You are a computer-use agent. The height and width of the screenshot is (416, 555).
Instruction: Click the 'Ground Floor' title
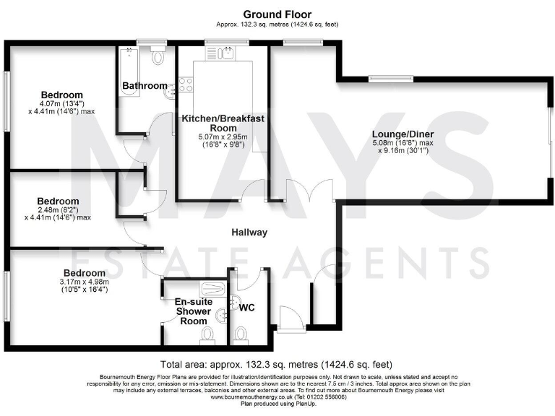(x=277, y=14)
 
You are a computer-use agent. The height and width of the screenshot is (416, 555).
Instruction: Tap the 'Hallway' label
(x=249, y=233)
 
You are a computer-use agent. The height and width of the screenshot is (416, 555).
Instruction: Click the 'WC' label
(x=247, y=308)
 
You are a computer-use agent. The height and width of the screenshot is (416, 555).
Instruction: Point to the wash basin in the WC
(x=234, y=301)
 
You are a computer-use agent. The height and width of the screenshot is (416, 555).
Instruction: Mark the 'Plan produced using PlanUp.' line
(x=277, y=404)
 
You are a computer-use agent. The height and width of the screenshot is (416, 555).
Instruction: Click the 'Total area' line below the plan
(x=277, y=364)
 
